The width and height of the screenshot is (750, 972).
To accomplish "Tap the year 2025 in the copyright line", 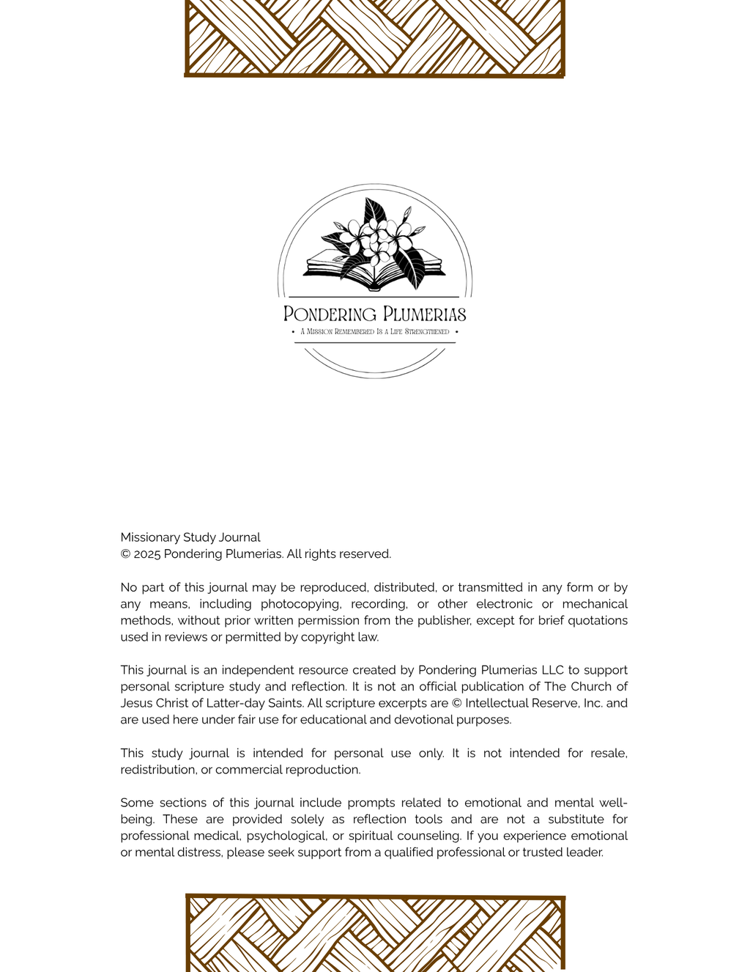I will (146, 554).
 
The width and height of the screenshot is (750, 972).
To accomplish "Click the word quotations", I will (595, 621).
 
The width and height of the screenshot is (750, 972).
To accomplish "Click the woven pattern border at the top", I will (374, 37).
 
